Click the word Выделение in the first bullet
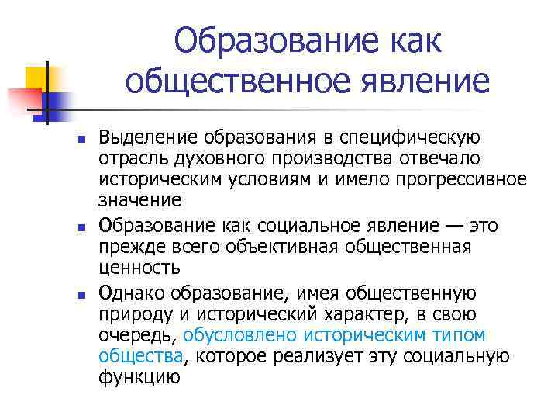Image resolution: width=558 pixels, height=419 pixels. [138, 138]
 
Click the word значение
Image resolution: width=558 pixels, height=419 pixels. [140, 201]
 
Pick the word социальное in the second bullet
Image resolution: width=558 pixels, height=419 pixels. [296, 226]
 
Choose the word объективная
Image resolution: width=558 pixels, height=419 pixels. [287, 247]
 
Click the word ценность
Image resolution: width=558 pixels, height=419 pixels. [139, 268]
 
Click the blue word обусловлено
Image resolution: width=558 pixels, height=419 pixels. [239, 335]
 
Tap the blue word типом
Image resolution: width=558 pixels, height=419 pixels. [459, 335]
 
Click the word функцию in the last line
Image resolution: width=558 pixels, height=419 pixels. [139, 377]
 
